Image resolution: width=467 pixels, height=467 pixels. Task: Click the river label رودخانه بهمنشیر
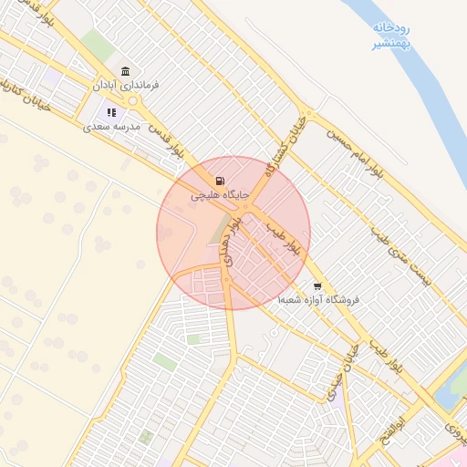click(393, 36)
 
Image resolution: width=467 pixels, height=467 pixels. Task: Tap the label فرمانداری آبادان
click(125, 85)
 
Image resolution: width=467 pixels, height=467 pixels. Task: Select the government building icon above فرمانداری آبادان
click(125, 71)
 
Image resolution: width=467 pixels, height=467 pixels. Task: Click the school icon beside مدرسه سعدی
click(111, 113)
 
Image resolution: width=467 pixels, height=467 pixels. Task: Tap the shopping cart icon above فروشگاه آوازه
click(317, 285)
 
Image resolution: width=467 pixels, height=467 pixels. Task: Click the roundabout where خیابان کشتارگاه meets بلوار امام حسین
click(308, 117)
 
